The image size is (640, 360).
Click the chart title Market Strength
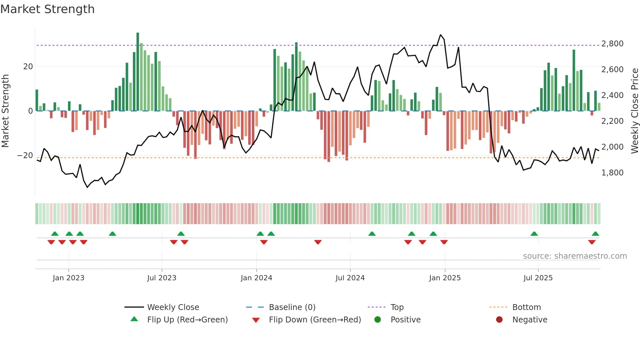point(48,9)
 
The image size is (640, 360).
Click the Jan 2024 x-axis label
point(256,278)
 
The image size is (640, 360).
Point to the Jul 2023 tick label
point(162,278)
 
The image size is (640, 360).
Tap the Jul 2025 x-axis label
point(538,278)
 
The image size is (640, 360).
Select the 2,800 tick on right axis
point(612,44)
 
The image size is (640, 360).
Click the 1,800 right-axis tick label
point(612,173)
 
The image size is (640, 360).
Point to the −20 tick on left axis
point(25,155)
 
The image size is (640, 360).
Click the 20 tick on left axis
point(28,67)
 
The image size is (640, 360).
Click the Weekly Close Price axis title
point(634,111)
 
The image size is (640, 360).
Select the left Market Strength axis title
point(6,111)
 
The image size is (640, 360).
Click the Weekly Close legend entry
point(173,307)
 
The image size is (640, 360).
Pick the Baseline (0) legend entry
point(292,307)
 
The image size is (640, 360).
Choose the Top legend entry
point(397,307)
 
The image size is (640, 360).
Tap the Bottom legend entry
point(526,307)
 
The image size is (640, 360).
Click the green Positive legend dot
point(378,320)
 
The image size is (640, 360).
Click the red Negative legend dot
point(499,320)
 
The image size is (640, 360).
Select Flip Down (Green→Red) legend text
point(315,320)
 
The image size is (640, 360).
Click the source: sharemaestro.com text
point(575,256)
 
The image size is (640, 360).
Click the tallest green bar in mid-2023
point(138,72)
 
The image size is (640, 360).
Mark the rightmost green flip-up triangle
point(595,234)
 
